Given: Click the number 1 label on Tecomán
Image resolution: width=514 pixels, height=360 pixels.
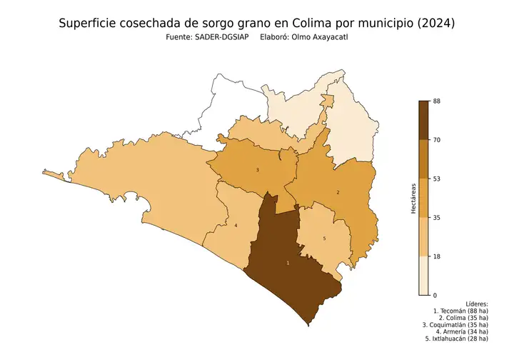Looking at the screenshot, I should [288, 264].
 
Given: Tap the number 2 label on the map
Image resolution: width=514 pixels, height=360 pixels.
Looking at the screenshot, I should [338, 192].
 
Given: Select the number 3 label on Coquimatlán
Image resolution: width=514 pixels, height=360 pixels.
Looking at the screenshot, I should [257, 170].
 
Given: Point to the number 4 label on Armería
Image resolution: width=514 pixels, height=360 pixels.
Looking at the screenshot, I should [236, 226].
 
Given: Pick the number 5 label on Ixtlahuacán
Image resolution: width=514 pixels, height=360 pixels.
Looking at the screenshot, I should [324, 239].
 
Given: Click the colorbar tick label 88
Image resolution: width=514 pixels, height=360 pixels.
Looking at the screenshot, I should [437, 101].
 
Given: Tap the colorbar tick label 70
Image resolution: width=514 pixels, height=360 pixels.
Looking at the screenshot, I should [437, 140].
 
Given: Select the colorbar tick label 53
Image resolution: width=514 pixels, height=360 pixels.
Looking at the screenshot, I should [437, 179].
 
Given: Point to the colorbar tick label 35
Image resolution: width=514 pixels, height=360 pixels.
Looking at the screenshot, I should [437, 217].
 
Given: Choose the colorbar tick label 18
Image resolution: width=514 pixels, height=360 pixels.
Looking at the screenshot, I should [437, 256].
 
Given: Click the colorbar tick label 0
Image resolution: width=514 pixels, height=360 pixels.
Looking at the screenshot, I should [435, 294].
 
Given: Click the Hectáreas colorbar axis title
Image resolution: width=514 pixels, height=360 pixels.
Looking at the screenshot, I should [413, 198].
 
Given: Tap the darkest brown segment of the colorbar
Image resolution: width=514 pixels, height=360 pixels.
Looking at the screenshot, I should [423, 120].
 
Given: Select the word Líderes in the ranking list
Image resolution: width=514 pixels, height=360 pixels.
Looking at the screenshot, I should [475, 304].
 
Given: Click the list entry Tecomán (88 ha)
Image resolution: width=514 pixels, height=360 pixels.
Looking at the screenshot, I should [464, 312].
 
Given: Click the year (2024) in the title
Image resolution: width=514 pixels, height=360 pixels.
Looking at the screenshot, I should [433, 24].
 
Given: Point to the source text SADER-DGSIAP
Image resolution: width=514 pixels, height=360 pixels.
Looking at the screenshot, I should [216, 37].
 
